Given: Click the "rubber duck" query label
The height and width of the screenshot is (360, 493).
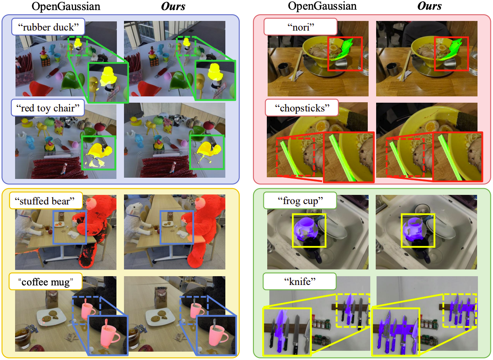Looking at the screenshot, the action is (48, 27).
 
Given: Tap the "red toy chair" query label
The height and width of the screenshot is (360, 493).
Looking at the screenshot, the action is (48, 108).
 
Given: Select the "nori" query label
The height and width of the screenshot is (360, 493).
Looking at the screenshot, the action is (301, 27).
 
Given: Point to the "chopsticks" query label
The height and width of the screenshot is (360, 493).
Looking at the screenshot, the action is (302, 108).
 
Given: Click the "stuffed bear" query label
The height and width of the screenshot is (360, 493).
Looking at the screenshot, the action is (46, 201).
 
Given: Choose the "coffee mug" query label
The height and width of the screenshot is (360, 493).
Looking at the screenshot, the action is (46, 282).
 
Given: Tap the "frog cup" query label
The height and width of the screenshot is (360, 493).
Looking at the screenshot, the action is (300, 201).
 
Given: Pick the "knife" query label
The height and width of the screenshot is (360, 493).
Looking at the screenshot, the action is (299, 282).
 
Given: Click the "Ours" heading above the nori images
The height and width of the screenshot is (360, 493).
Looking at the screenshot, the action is (429, 6).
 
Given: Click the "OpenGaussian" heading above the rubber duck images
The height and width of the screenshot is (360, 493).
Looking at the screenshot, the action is (66, 6).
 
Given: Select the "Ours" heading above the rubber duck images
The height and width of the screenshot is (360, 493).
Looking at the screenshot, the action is (173, 6).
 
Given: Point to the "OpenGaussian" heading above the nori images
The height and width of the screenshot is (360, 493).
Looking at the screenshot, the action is (322, 6).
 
